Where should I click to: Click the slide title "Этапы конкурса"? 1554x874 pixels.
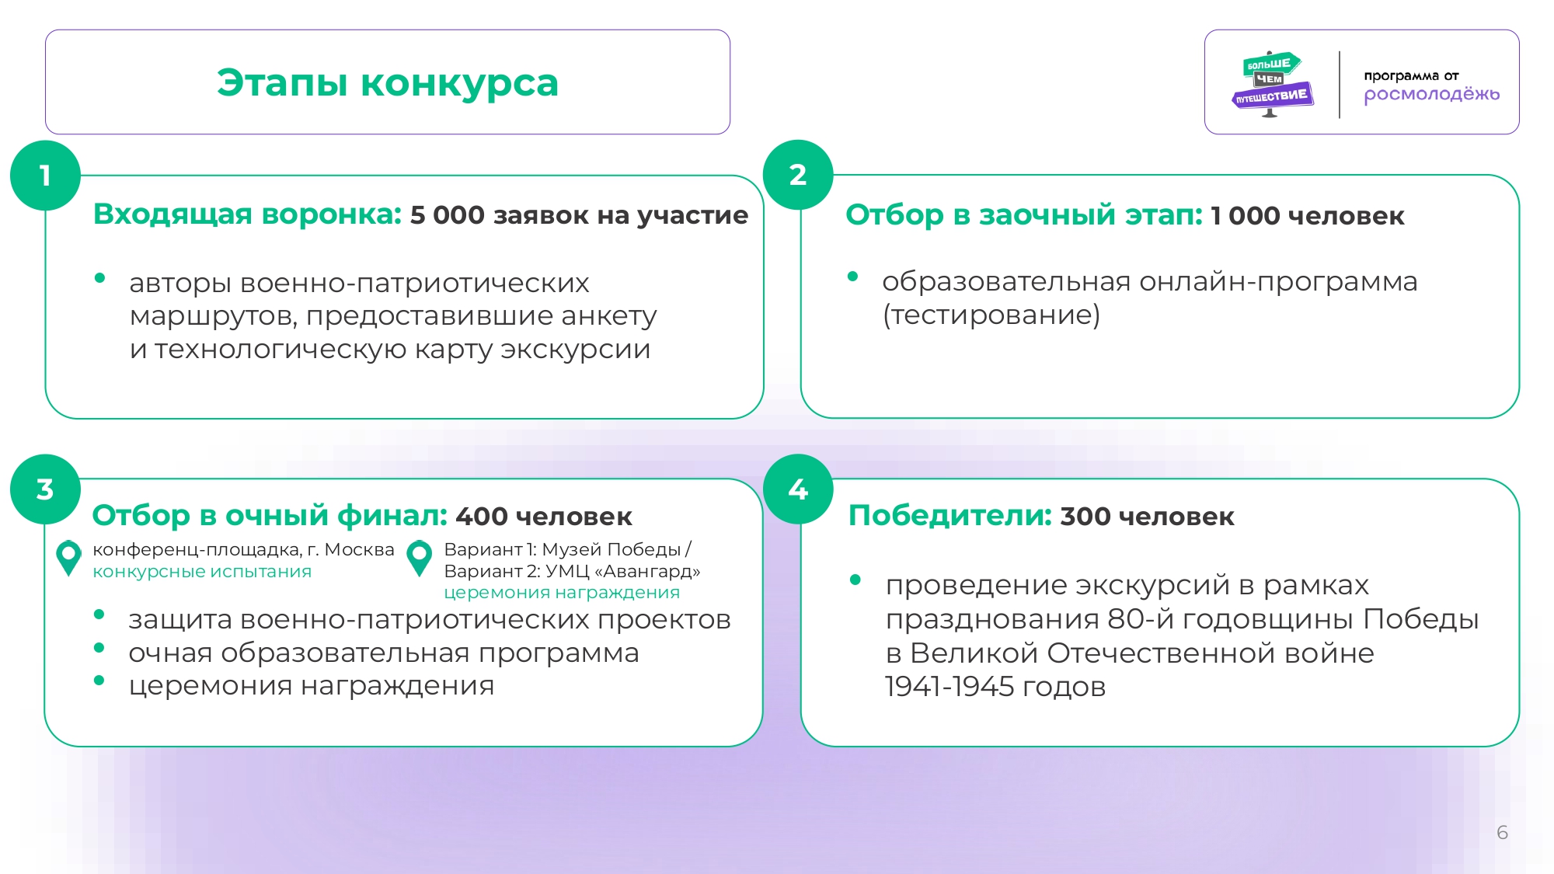[388, 82]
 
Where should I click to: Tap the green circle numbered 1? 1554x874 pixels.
[45, 176]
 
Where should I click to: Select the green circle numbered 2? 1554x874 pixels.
[798, 175]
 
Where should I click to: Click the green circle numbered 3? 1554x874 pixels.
[45, 489]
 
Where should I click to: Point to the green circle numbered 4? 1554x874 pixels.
[798, 489]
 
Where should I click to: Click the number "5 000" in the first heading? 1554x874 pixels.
[448, 215]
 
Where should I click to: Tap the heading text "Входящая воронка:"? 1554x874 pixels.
[247, 214]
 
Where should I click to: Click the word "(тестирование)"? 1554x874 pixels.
[991, 315]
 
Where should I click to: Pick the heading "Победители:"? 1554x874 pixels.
[950, 516]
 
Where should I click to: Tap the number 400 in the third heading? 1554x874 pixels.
[482, 517]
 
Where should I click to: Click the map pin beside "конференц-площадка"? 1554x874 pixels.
[68, 558]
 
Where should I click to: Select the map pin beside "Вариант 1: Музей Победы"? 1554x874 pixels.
[420, 558]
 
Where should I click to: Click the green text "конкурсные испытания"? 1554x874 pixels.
[202, 572]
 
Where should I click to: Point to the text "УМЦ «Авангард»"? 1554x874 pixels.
[622, 571]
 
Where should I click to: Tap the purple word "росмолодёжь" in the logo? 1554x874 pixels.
[1432, 95]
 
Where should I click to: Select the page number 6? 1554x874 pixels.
[1503, 833]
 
